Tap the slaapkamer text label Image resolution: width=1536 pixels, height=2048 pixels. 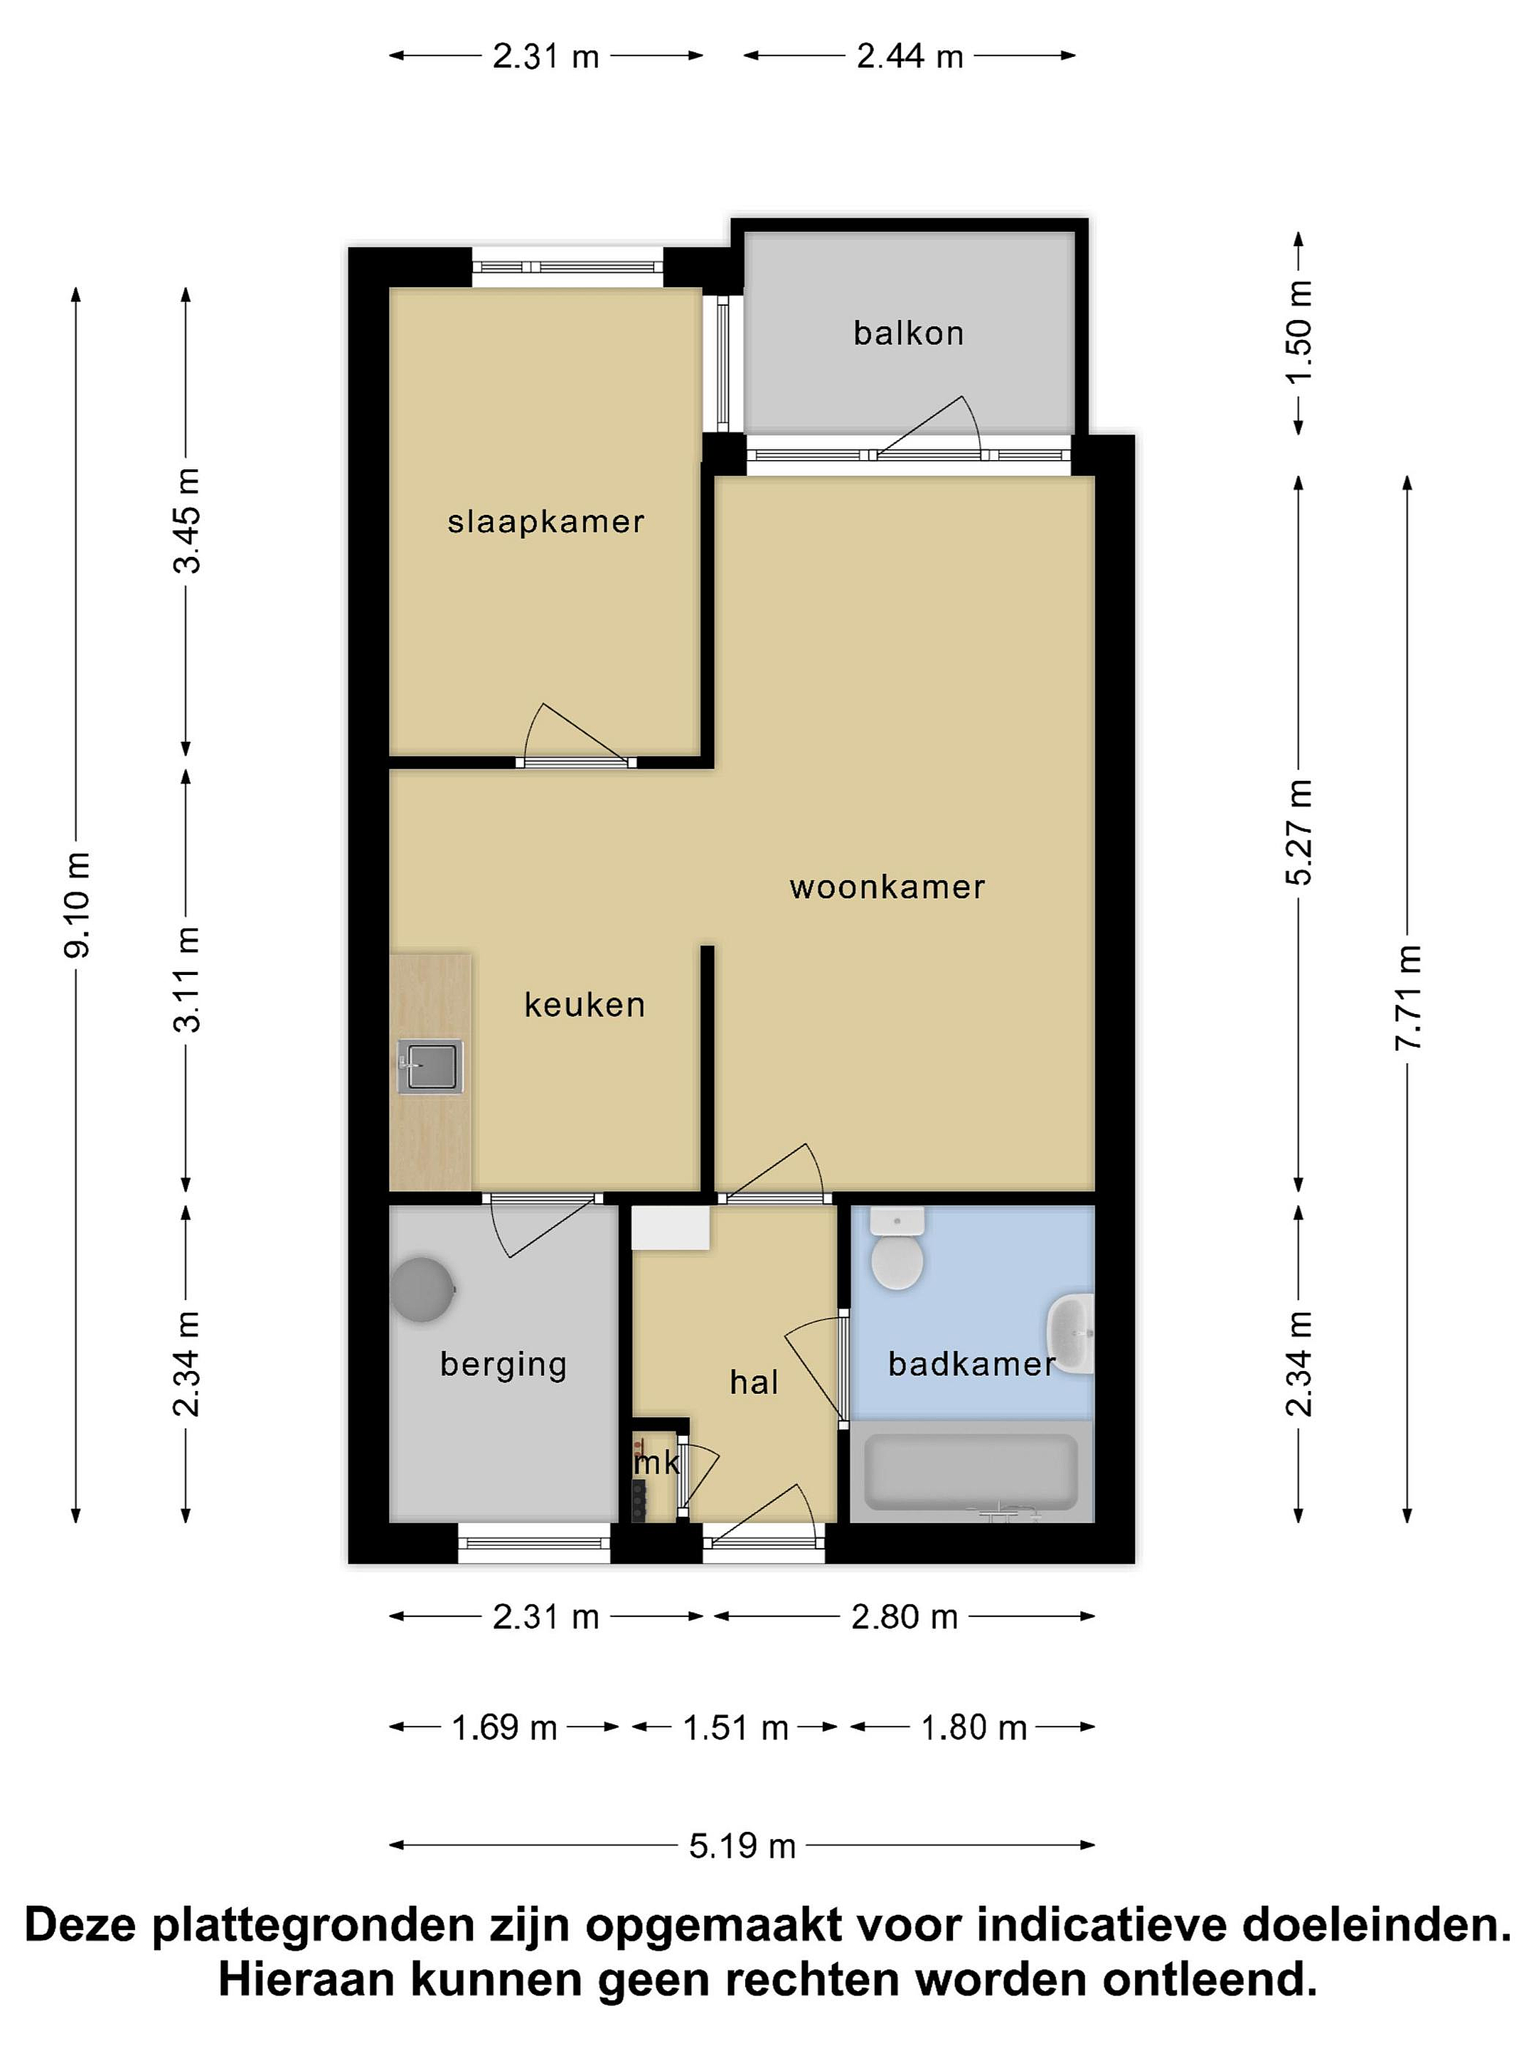pos(545,521)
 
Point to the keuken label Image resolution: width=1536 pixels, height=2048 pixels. pos(585,1005)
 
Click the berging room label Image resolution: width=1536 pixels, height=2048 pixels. pos(503,1365)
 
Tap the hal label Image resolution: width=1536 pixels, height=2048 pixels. pos(754,1382)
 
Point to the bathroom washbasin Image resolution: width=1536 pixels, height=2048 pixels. pos(1071,1333)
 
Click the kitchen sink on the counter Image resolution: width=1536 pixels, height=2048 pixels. pos(430,1066)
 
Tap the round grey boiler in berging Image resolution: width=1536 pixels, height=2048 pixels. pos(423,1288)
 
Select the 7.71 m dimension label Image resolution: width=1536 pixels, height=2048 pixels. pos(1408,997)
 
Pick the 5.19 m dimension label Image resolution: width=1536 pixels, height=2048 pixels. pos(742,1845)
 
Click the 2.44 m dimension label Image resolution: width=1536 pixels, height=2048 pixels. pos(910,56)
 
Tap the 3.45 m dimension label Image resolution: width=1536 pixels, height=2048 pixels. pos(187,521)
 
